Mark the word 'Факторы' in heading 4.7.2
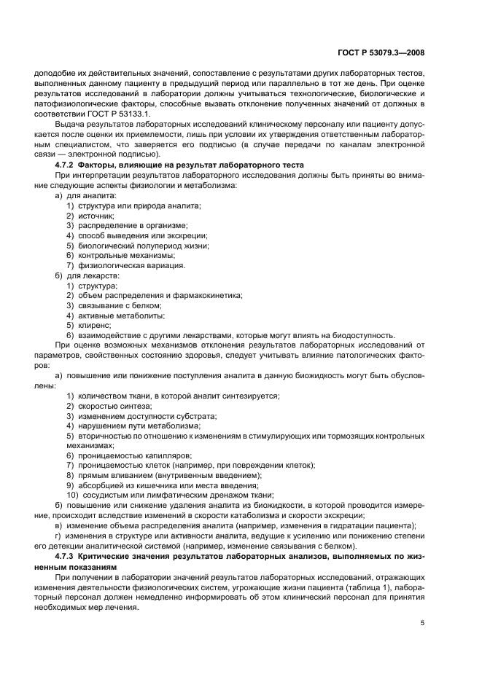point(104,167)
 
